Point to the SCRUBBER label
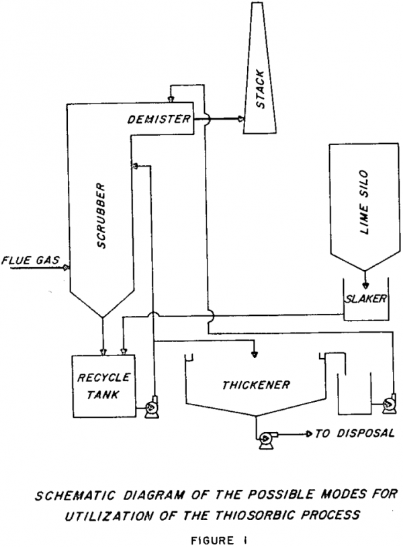click(103, 216)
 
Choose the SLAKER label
click(365, 299)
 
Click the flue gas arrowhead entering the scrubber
click(66, 267)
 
